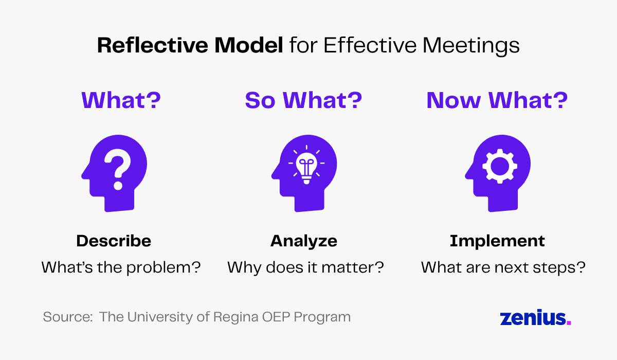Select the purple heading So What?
[x=303, y=100]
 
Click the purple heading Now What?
[x=497, y=100]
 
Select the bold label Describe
[x=114, y=241]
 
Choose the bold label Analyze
[x=304, y=241]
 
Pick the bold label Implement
[x=497, y=241]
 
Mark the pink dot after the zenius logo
[x=569, y=322]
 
